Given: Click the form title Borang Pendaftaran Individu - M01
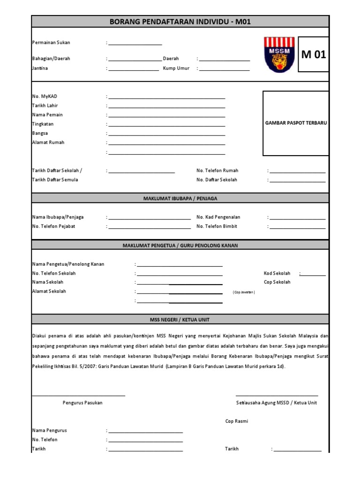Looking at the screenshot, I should click(x=180, y=22).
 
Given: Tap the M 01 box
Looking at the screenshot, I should click(x=314, y=54).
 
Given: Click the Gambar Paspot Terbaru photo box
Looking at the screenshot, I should click(x=296, y=123).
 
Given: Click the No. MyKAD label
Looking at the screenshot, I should click(x=45, y=97).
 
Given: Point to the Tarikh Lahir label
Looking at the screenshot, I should click(x=45, y=106).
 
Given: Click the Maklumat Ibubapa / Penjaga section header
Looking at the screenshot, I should click(x=180, y=199).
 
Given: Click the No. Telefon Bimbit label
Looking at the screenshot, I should click(x=217, y=226).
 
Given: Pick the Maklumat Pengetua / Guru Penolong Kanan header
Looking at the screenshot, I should click(x=180, y=246).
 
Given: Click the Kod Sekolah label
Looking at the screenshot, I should click(x=277, y=273).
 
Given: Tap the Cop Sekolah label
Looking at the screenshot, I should click(x=277, y=282).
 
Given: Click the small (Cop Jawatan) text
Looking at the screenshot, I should click(x=244, y=292).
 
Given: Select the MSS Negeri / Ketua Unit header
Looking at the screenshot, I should click(x=180, y=320).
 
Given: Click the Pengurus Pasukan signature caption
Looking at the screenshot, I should click(x=82, y=403).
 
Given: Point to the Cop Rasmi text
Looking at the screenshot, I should click(x=237, y=421).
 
